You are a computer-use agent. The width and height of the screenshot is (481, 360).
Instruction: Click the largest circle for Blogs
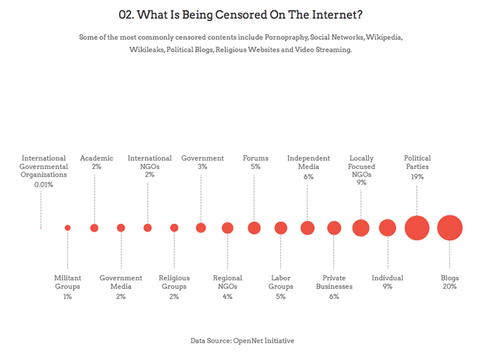coord(449,227)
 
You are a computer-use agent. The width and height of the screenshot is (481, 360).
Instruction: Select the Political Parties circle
coord(417,227)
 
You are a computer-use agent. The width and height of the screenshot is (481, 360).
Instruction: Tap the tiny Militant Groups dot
coord(67,227)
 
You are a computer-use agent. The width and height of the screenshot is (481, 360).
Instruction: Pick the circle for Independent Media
coord(307,227)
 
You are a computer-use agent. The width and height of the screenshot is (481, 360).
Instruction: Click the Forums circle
coord(254,227)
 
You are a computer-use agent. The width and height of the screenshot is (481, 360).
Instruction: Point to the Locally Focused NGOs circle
coord(361,227)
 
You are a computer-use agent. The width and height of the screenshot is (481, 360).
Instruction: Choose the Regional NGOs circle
coord(227,227)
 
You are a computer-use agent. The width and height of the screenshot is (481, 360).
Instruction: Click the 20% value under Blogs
coord(449,287)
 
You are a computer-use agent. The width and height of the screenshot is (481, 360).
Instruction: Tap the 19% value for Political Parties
coord(417,177)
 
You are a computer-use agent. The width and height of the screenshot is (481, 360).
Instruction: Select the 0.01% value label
coord(45,185)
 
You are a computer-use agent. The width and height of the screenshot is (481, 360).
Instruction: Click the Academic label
coord(96,158)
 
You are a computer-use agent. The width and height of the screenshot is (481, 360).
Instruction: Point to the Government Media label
coord(121,282)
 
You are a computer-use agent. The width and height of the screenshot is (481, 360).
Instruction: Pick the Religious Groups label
coord(174,282)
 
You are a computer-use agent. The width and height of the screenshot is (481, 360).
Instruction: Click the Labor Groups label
coord(280,282)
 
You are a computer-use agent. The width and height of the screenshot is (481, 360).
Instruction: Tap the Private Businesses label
coord(334,282)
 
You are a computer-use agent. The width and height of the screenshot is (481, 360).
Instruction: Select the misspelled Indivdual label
coord(388,278)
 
